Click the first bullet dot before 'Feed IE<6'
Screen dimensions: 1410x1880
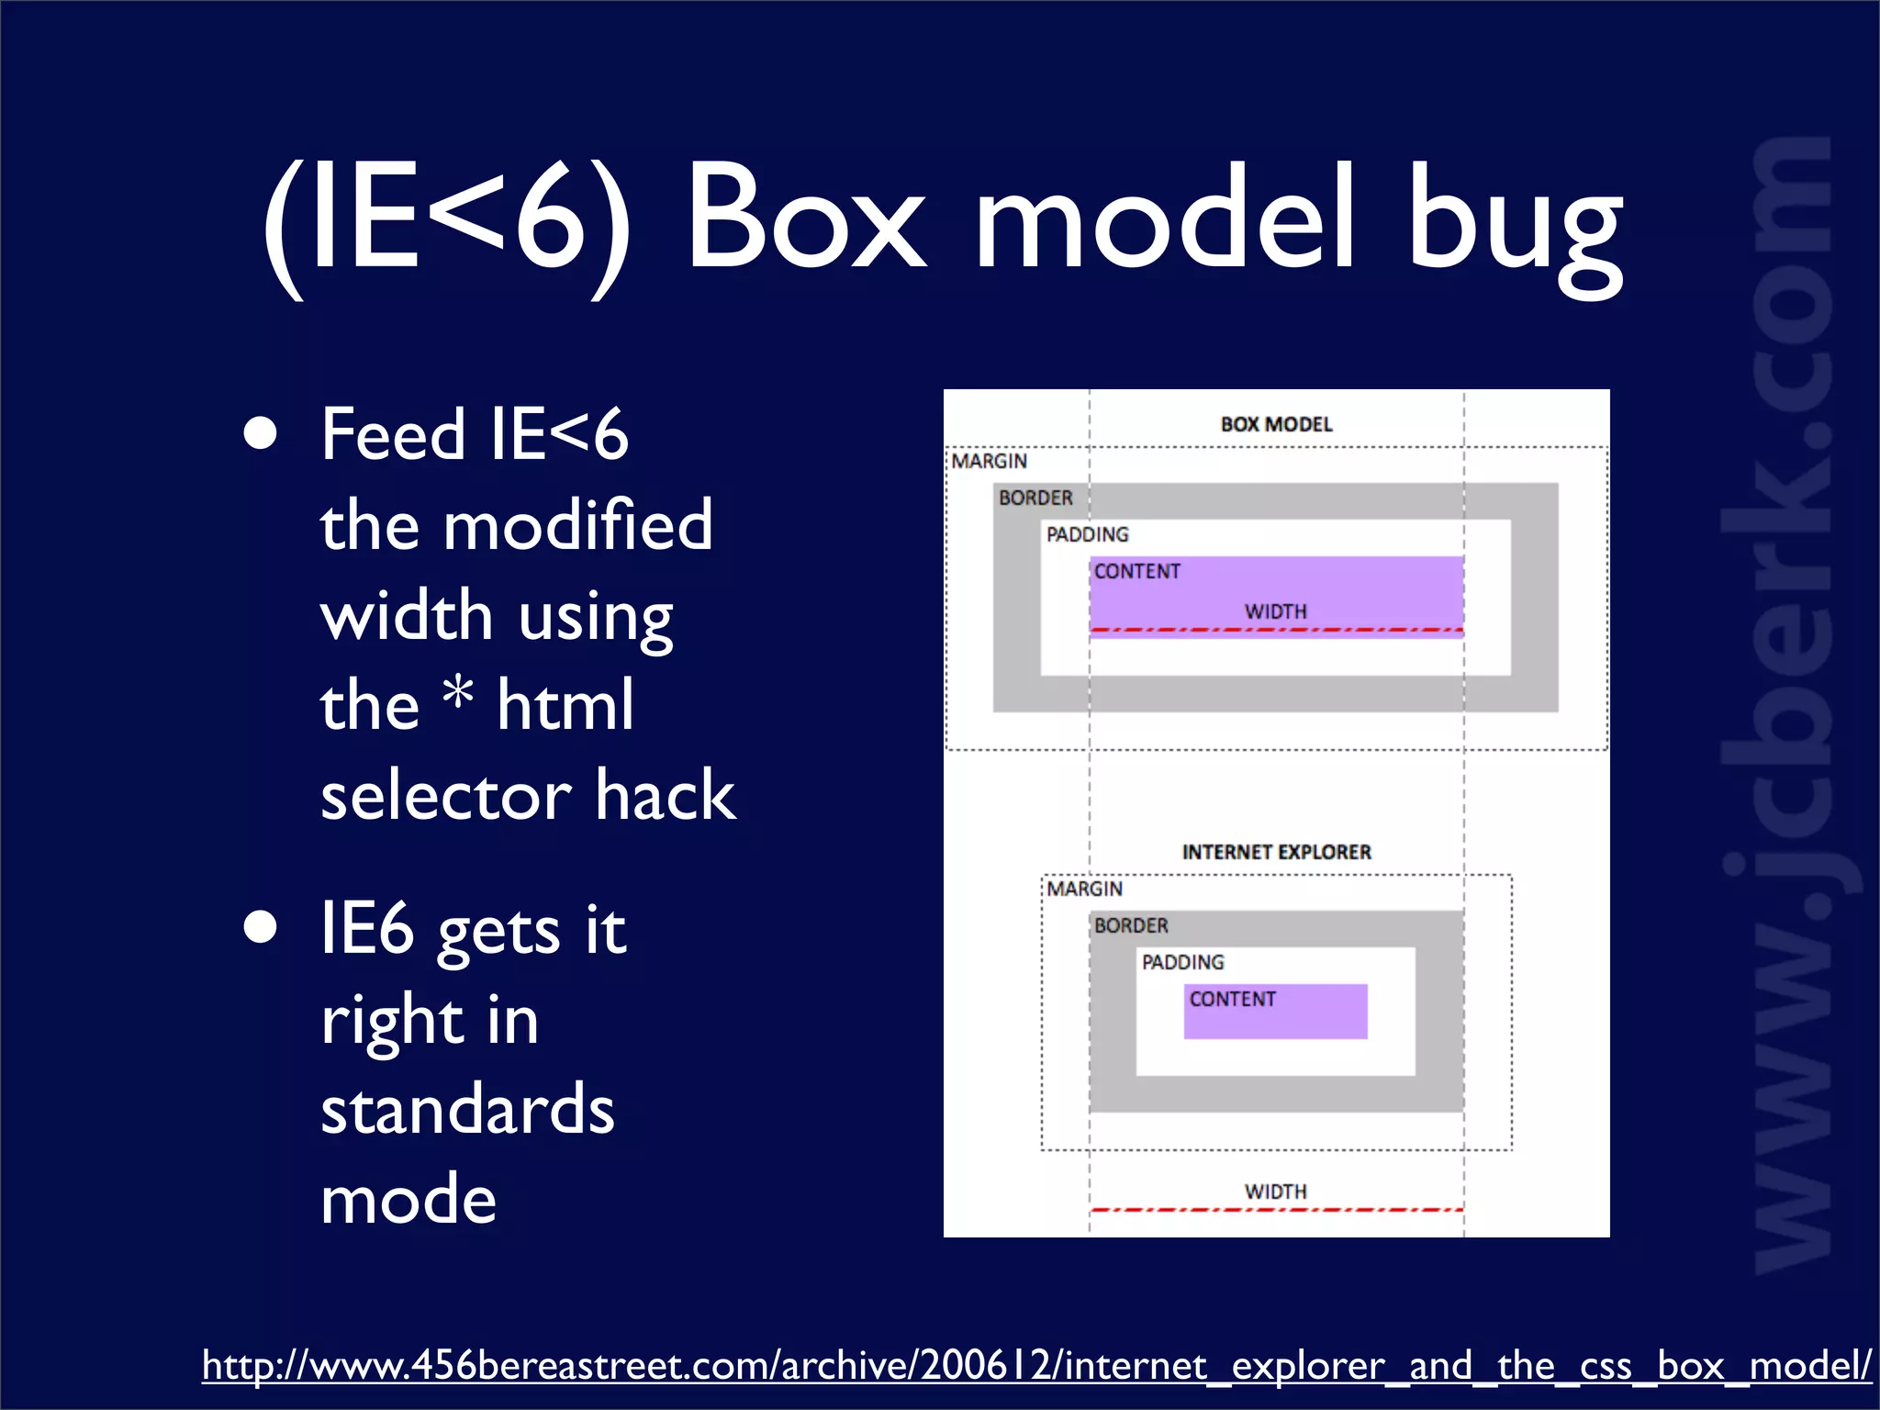[x=261, y=434]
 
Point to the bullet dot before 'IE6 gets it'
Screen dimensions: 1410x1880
[x=261, y=927]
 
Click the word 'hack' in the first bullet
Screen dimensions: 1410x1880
[x=665, y=795]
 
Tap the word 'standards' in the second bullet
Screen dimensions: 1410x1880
[x=467, y=1109]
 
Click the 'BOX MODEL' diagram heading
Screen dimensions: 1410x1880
[x=1276, y=424]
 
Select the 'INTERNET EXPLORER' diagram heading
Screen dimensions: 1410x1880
[x=1276, y=852]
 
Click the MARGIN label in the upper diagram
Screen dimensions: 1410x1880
[x=989, y=461]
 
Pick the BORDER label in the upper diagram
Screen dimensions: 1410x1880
[x=1035, y=498]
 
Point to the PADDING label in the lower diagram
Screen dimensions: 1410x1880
[x=1182, y=962]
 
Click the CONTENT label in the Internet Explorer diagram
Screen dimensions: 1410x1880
[x=1232, y=999]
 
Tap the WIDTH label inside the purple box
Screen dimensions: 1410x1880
[x=1275, y=611]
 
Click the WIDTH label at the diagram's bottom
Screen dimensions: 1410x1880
[x=1275, y=1192]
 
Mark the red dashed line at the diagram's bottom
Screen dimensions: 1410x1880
[x=1276, y=1210]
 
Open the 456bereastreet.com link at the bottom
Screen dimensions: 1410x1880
[x=1035, y=1366]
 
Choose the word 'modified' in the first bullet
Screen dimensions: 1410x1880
[x=577, y=525]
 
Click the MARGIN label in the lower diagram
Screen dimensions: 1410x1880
[x=1084, y=889]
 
